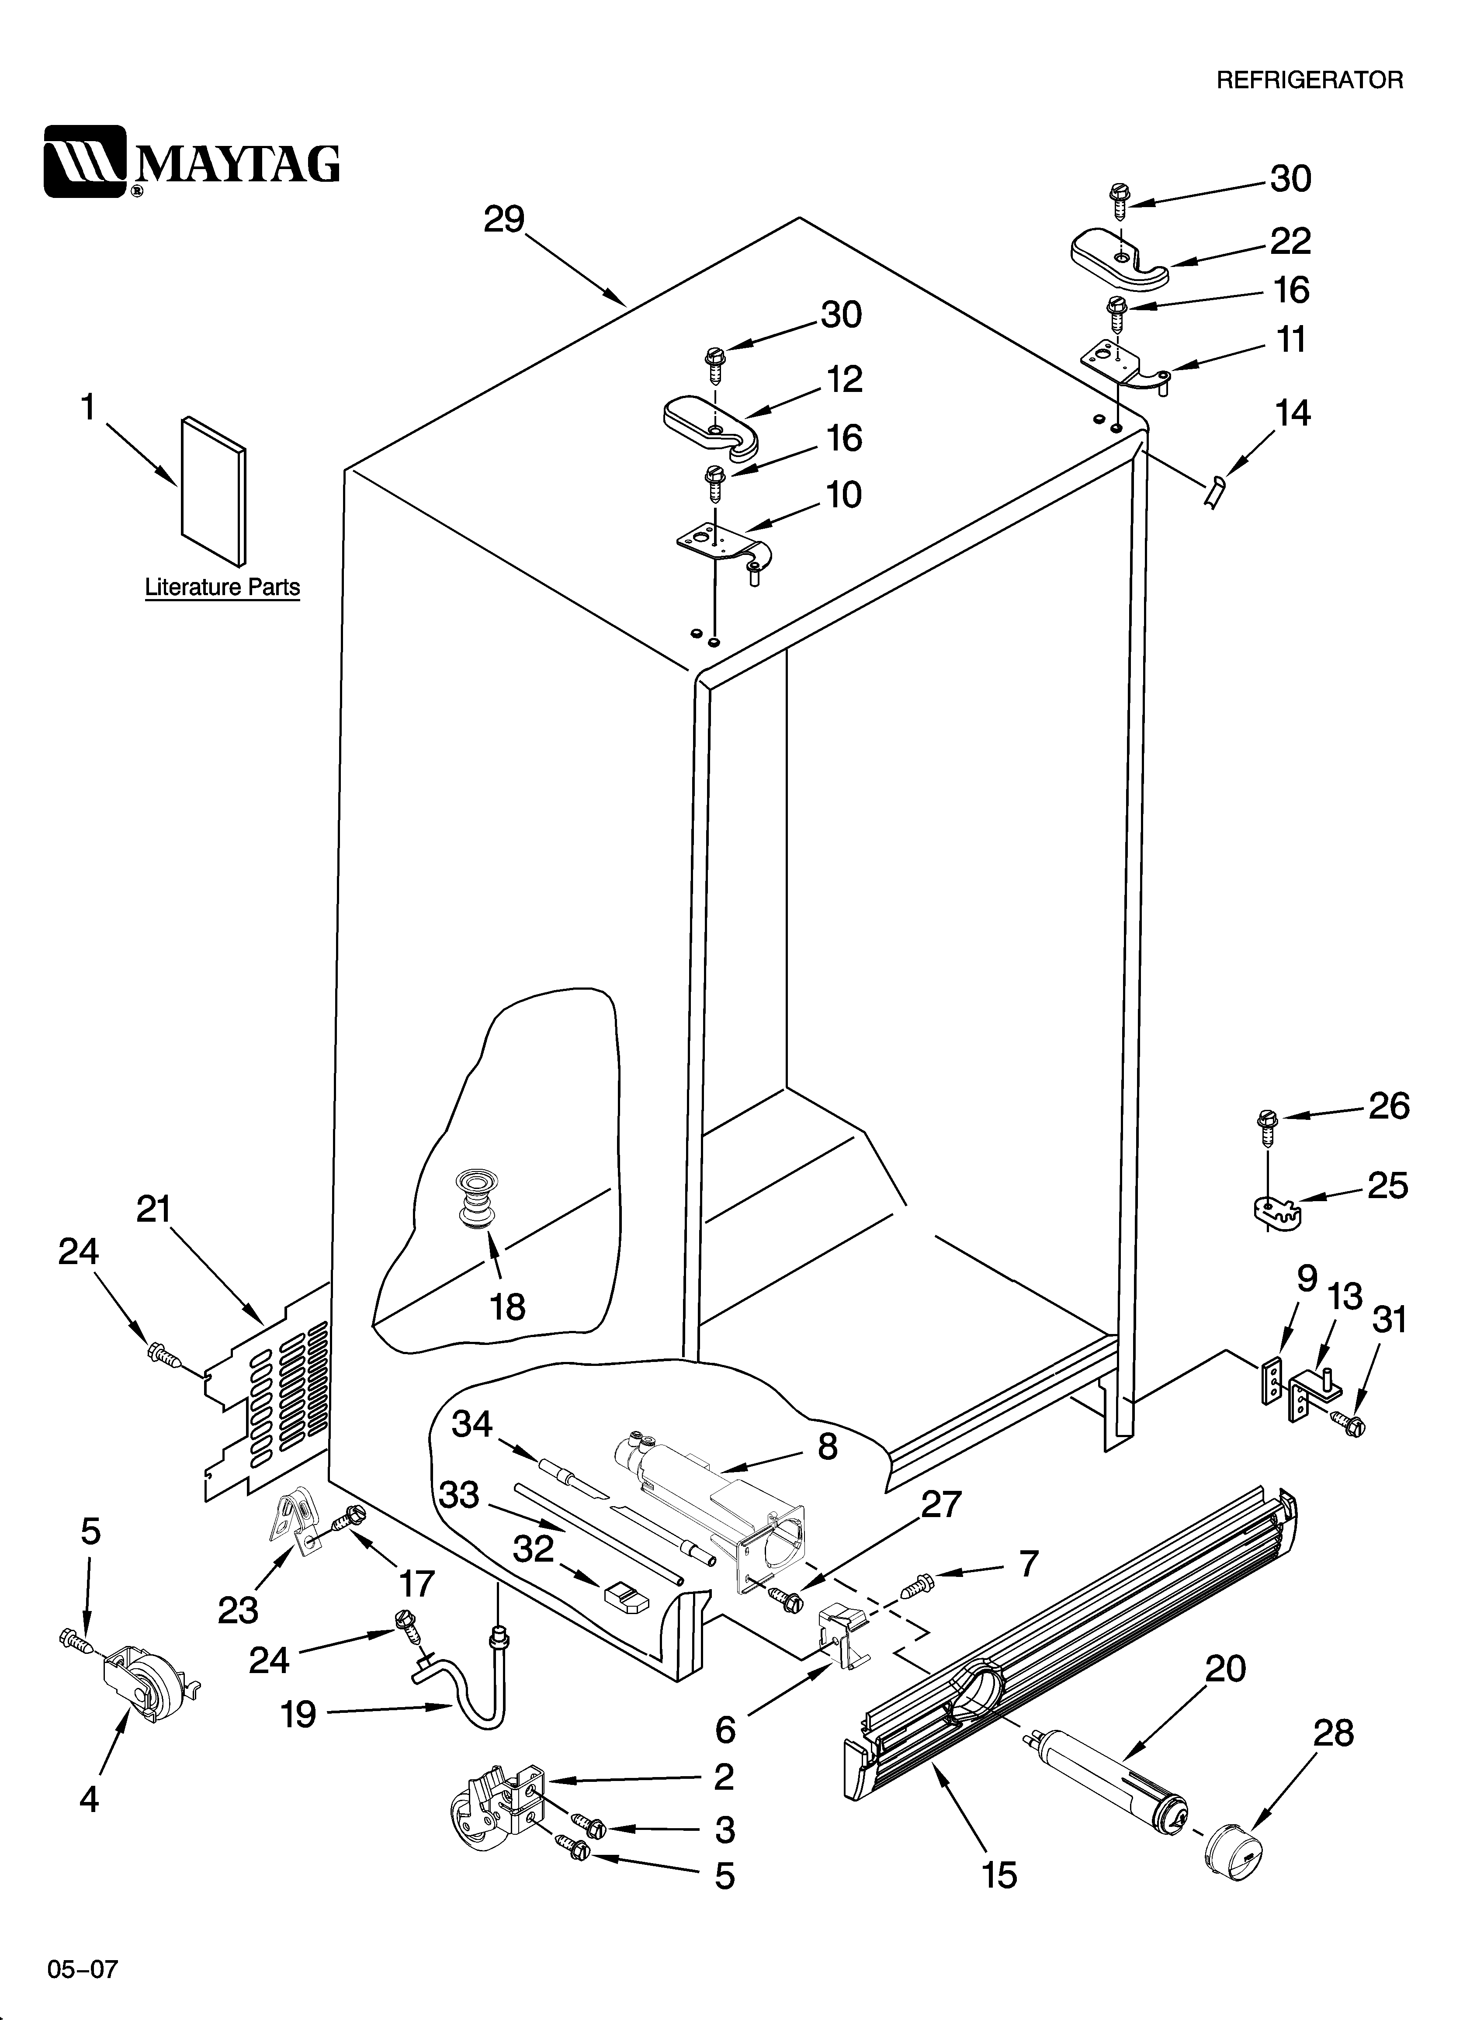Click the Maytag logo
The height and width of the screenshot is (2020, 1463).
coord(191,161)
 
